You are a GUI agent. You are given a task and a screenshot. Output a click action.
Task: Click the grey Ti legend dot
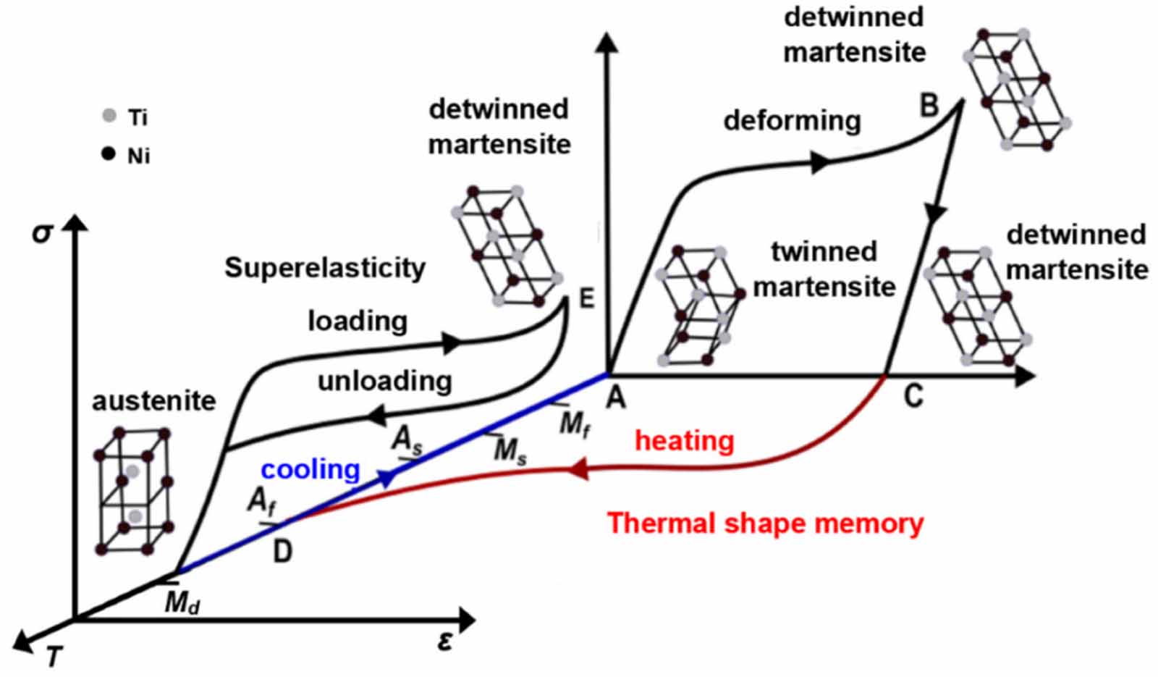109,116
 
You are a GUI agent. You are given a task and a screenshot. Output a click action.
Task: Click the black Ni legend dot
109,154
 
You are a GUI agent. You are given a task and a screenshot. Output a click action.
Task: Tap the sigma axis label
43,233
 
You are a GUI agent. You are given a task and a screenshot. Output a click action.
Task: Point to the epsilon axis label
445,640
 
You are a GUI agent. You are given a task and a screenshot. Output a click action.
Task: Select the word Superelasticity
324,268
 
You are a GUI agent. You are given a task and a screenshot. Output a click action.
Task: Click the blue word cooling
310,470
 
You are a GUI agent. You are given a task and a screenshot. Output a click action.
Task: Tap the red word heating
684,440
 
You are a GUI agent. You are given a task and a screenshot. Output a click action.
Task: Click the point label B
929,106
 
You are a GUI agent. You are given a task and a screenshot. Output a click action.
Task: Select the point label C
913,395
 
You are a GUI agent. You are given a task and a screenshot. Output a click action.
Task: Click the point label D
282,552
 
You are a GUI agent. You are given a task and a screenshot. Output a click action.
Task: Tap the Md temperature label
182,602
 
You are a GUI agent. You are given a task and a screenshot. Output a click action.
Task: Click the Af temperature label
261,501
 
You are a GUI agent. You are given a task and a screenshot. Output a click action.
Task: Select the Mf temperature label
575,424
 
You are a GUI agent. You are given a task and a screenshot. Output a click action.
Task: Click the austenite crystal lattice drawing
134,491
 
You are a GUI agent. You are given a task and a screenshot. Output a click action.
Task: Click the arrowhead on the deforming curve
819,163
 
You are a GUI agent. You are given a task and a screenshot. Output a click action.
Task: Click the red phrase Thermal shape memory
765,523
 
